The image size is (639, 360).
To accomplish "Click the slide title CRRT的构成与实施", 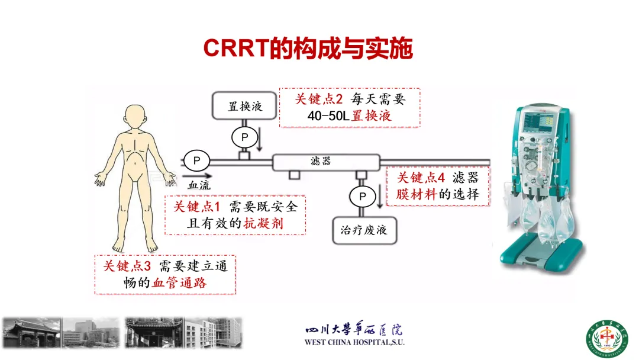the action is tap(308, 48).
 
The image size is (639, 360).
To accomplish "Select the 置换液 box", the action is tap(244, 105).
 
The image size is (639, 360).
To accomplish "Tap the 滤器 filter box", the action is tap(326, 162).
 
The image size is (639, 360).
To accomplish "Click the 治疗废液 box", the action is tap(364, 230).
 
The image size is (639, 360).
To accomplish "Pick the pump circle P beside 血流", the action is tap(196, 160).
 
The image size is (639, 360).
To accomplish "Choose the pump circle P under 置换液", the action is tap(244, 137).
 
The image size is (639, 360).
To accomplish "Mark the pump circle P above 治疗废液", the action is tap(362, 197).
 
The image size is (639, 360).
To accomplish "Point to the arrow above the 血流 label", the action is tap(197, 176).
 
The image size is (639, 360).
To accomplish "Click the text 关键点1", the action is tap(197, 207).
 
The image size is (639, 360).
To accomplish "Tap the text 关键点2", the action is tap(319, 99).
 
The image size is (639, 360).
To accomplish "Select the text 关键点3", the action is tap(127, 266).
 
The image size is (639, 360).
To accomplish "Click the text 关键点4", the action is tap(421, 178).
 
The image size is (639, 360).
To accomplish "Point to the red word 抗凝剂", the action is tap(263, 223).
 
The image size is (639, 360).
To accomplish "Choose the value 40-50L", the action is tap(328, 116).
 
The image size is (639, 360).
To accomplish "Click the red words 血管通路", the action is tap(179, 283).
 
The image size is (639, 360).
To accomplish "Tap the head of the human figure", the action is tap(135, 117).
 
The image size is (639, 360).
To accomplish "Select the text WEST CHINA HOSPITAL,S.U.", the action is tap(354, 342).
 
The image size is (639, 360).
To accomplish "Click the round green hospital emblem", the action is tap(607, 339).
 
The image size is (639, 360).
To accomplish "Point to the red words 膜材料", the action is tap(417, 194).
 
